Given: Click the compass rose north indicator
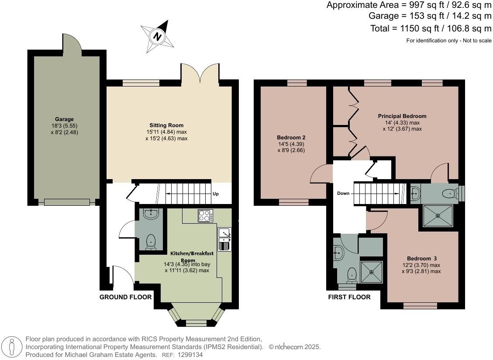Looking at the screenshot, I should pos(157,35).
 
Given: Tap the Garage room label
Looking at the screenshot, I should pos(64,119).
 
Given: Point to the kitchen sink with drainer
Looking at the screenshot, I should pos(224,239).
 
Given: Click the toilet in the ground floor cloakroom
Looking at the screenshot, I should pos(151,242).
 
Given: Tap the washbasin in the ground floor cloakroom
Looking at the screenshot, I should pos(151,213).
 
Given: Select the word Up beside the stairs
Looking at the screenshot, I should pos(216,194).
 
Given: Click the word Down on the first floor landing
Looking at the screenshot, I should pos(343,193).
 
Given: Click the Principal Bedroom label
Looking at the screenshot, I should pos(402,116).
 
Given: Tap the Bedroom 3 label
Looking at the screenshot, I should pos(421,258).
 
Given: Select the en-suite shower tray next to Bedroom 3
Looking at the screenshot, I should pos(438,215).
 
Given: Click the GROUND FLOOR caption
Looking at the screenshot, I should pos(125,297).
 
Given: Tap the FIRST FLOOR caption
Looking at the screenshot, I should pos(349,297).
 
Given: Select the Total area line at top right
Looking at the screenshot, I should pos(430,29).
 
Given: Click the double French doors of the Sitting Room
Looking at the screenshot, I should pos(200,73).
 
